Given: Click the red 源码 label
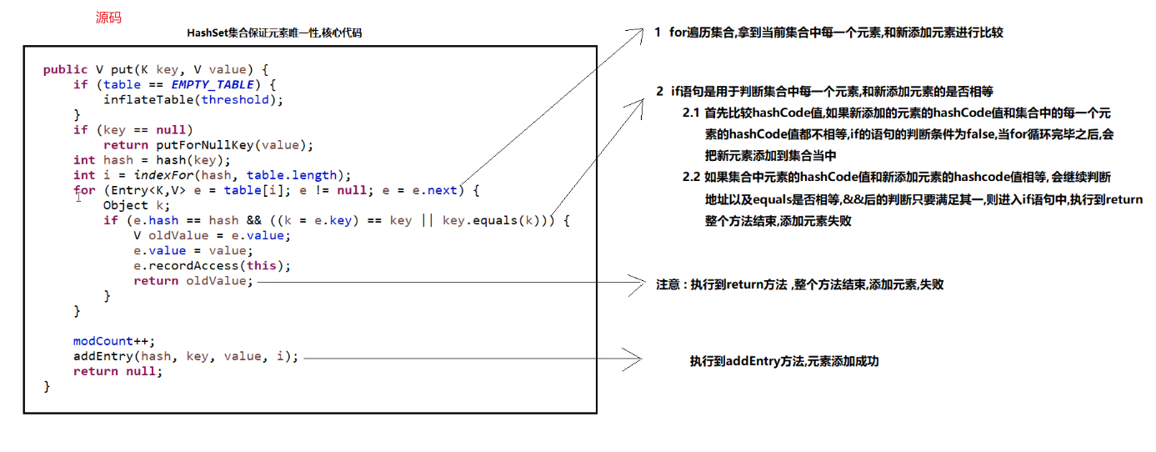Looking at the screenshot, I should [108, 18].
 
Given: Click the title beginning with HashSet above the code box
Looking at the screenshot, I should [274, 33].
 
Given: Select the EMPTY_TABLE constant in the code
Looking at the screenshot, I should [212, 85].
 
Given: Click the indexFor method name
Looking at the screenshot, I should [159, 175].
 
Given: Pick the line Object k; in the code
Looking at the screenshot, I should [137, 205].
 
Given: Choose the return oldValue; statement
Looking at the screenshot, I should [193, 281].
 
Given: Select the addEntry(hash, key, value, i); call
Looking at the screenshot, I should [185, 356].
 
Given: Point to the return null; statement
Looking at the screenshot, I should [118, 371].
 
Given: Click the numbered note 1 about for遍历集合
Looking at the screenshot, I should [828, 33].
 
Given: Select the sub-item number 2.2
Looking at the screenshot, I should [691, 177].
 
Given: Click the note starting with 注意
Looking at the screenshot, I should [799, 284].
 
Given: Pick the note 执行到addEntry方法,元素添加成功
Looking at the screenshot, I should [784, 361].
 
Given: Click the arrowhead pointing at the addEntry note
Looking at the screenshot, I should [637, 359].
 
